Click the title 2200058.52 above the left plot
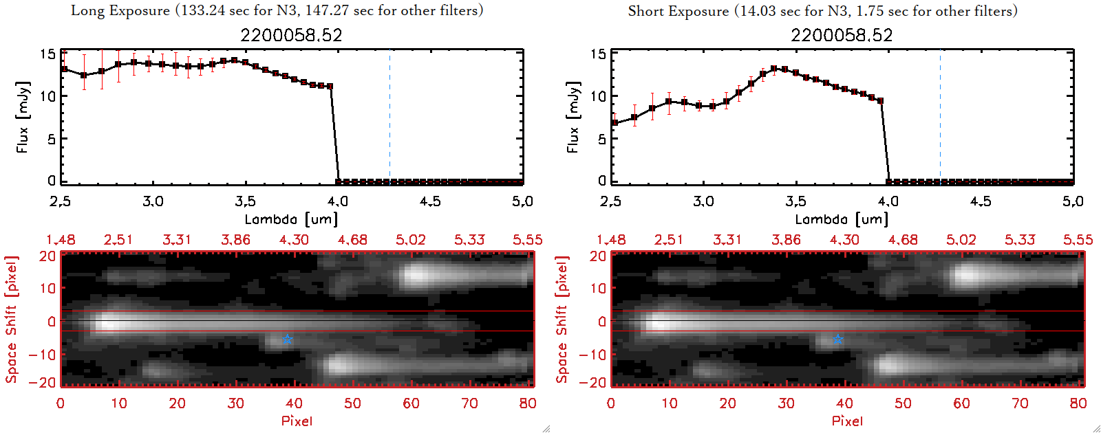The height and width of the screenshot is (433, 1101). [x=291, y=36]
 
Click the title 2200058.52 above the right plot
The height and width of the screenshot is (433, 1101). [x=842, y=36]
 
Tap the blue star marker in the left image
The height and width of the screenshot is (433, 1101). [x=288, y=340]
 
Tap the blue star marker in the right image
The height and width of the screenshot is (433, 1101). [x=838, y=340]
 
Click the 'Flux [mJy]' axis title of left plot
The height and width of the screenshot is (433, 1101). [x=23, y=117]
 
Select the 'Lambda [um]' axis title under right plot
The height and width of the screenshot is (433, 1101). [x=842, y=219]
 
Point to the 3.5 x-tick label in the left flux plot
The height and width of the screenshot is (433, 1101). [x=245, y=201]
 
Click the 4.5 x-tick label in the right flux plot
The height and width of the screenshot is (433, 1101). [x=981, y=201]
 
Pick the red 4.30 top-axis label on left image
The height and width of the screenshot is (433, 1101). [x=294, y=240]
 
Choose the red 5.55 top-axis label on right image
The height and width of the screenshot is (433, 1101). [x=1078, y=240]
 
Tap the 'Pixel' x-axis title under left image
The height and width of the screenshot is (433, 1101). [x=297, y=421]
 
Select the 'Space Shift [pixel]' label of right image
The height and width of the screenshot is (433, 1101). [x=562, y=320]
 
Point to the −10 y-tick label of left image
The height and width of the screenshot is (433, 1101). [x=43, y=354]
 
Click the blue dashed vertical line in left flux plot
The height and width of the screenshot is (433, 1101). [x=390, y=117]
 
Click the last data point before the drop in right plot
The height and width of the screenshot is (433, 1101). [x=880, y=101]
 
